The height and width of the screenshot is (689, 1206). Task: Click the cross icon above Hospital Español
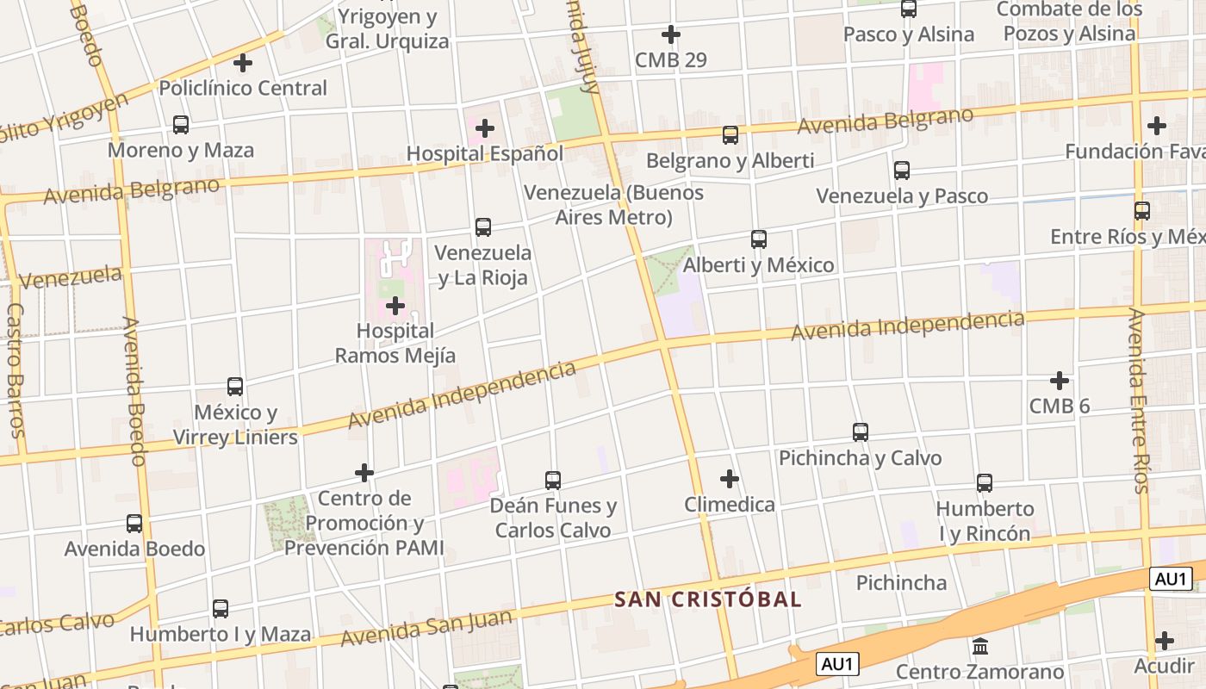click(x=485, y=128)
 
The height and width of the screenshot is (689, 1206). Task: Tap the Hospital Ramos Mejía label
click(x=395, y=343)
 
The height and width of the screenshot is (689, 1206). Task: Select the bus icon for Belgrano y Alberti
click(x=730, y=135)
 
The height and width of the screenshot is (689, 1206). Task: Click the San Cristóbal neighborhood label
click(x=707, y=599)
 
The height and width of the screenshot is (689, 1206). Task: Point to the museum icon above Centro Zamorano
click(x=979, y=646)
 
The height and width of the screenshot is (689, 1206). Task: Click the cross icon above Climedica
click(x=730, y=479)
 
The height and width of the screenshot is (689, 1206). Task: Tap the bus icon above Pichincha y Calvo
click(x=860, y=432)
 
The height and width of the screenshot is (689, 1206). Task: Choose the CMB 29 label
click(x=670, y=59)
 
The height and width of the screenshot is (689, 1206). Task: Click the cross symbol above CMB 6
click(x=1060, y=381)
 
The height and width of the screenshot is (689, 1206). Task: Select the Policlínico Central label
click(x=243, y=88)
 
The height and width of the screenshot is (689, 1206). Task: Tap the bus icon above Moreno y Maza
click(x=181, y=125)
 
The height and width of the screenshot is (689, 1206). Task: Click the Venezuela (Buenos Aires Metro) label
click(x=613, y=204)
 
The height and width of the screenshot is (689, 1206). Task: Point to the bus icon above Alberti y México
click(x=758, y=239)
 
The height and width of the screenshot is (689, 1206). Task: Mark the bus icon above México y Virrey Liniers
click(x=235, y=387)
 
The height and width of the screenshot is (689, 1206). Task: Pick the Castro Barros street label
click(x=15, y=370)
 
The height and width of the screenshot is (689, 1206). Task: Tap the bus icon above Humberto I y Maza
click(x=221, y=609)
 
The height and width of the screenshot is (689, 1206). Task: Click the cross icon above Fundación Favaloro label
click(x=1156, y=126)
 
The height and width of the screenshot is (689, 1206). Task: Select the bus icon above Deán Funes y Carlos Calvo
click(x=553, y=481)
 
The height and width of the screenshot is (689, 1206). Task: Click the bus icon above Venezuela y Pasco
click(x=901, y=171)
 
